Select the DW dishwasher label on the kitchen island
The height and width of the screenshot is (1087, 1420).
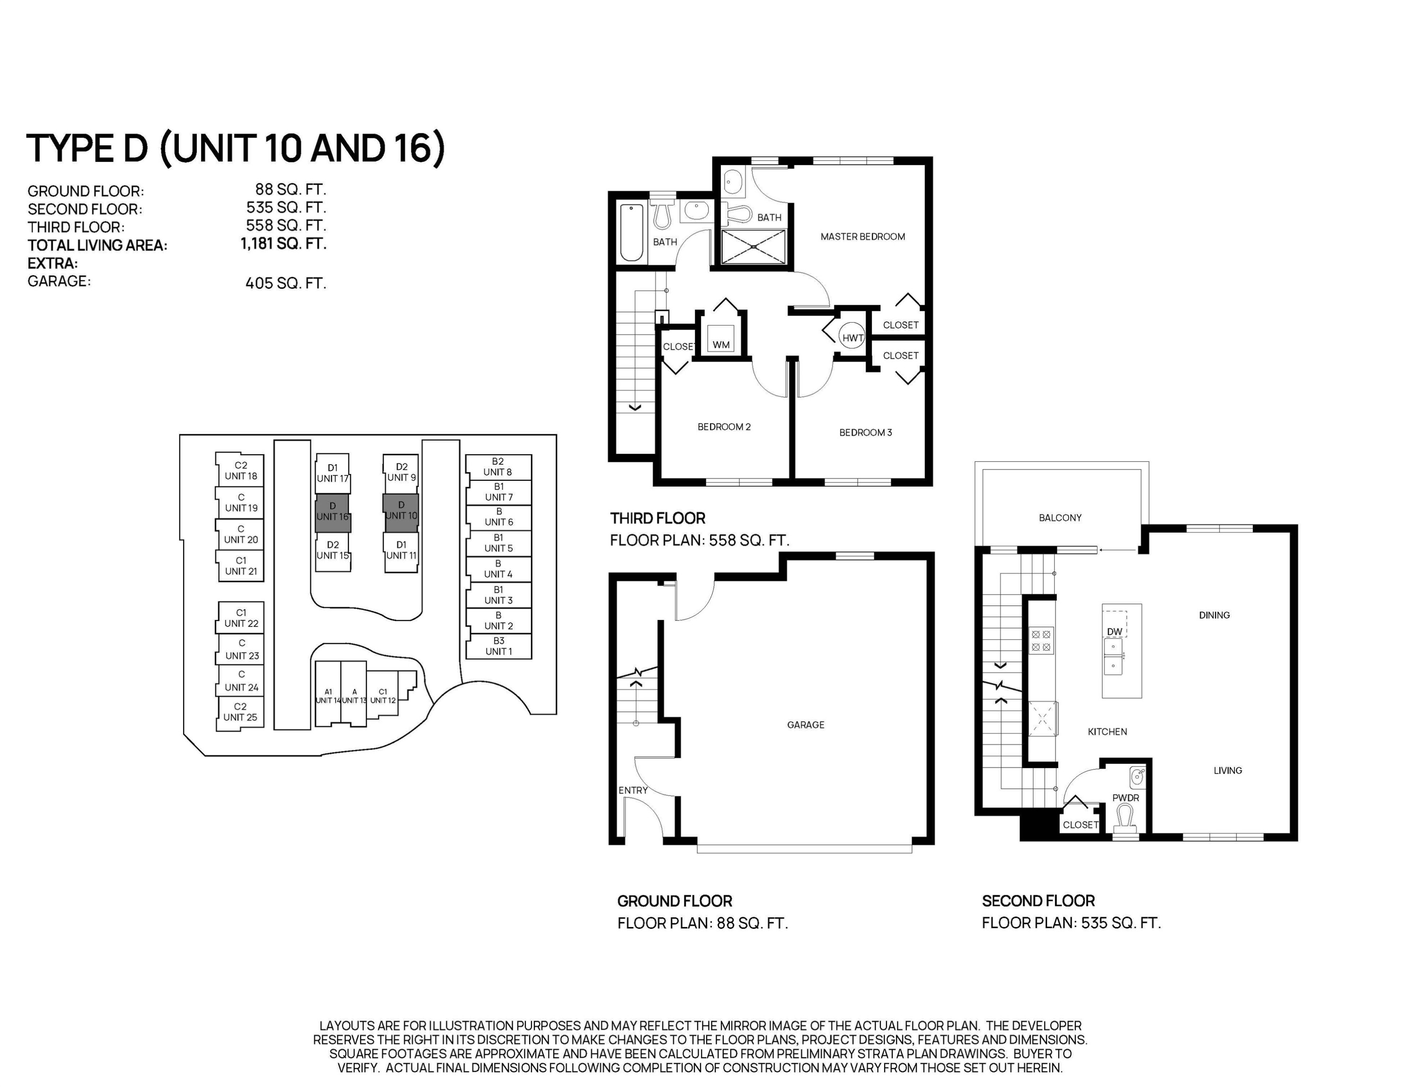(x=1114, y=631)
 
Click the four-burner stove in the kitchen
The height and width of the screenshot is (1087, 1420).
(x=1041, y=641)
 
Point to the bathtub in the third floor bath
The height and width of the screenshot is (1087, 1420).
(x=631, y=232)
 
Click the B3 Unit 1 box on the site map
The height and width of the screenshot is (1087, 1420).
(x=498, y=646)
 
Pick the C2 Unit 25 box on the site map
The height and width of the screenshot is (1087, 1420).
(x=240, y=712)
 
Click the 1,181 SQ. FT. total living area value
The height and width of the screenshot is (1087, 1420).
(x=283, y=244)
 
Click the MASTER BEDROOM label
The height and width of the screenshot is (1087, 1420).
(x=862, y=237)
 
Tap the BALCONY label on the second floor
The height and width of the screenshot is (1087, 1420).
(x=1059, y=518)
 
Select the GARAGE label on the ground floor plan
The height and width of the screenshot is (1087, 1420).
(x=805, y=725)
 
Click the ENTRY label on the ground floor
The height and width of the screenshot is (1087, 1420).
(x=632, y=790)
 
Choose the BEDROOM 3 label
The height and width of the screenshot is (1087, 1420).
(x=865, y=432)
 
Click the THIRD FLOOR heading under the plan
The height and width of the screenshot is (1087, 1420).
(x=657, y=518)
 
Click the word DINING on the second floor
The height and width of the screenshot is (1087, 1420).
(x=1214, y=615)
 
